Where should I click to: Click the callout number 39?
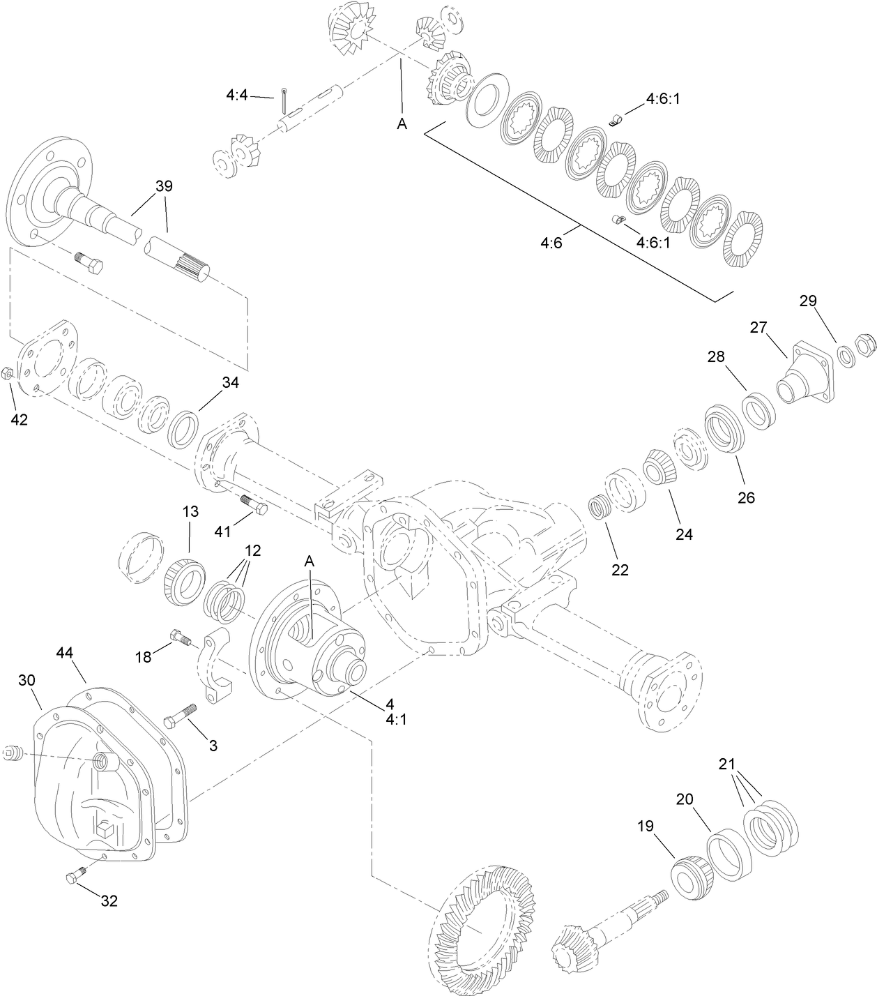(x=164, y=186)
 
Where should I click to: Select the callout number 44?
(x=64, y=652)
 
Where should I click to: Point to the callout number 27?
(x=758, y=327)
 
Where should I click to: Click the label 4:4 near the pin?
(x=237, y=95)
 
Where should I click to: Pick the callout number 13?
(x=190, y=511)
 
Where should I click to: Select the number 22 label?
(x=620, y=570)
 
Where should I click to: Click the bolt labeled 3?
(x=180, y=716)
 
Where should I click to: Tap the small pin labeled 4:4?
(x=286, y=100)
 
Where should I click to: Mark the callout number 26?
(x=746, y=498)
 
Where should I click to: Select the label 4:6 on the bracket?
(x=551, y=243)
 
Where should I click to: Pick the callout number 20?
(x=685, y=799)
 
